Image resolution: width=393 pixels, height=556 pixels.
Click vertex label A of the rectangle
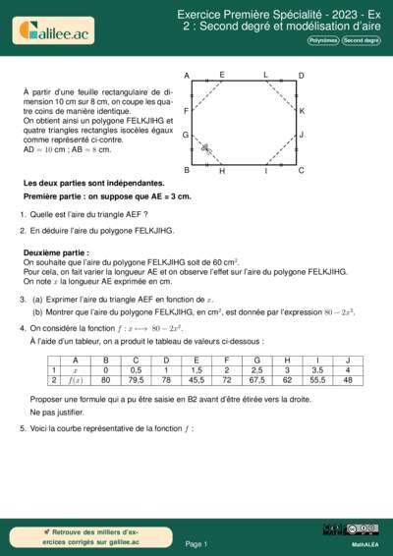tap(187, 76)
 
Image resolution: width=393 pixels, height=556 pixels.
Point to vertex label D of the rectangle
tap(301, 76)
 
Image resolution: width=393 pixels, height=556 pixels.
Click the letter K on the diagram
tap(302, 111)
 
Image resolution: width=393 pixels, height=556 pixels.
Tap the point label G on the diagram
tap(186, 135)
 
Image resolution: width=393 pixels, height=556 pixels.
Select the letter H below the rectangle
tap(222, 171)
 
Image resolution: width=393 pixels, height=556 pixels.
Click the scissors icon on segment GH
tap(205, 148)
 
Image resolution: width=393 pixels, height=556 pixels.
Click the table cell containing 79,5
tap(137, 378)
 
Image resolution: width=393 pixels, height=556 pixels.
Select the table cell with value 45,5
tap(196, 378)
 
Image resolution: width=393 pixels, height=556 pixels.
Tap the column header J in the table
tap(347, 361)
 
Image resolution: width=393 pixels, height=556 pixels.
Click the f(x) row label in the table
tap(76, 378)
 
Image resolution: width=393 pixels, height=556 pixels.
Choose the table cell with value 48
tap(347, 378)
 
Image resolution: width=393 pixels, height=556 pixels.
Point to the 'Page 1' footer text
tap(196, 543)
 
